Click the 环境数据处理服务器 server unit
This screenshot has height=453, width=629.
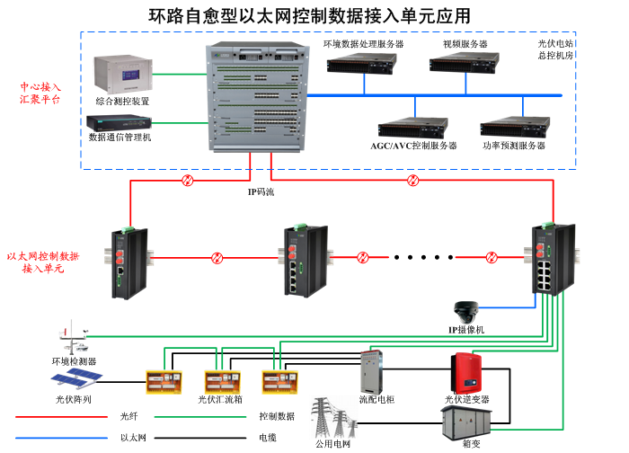[363, 63]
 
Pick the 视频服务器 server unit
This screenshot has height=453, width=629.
[464, 63]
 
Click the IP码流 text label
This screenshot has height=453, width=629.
[261, 191]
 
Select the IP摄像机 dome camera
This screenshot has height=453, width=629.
[467, 312]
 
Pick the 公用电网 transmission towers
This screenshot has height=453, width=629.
[332, 419]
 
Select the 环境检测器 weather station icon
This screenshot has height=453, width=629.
[74, 339]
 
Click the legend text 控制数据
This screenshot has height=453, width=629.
[277, 416]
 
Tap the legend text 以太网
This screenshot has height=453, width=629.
[133, 438]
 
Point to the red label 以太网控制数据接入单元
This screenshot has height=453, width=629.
[43, 262]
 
